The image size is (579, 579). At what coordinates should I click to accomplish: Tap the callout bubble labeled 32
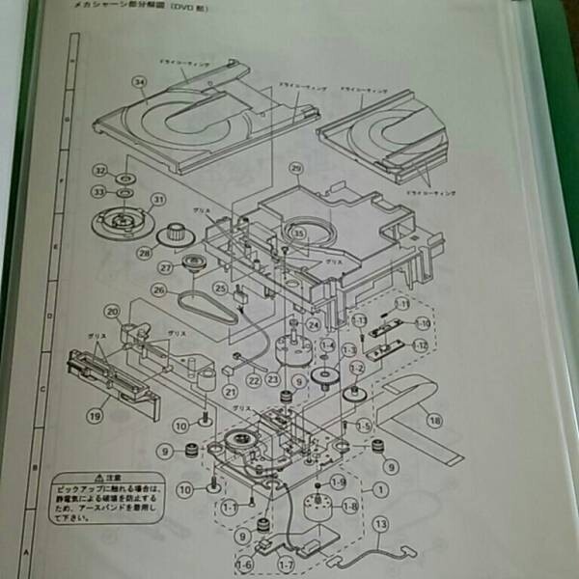tap(99, 170)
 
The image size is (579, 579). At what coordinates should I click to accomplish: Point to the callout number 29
tap(296, 168)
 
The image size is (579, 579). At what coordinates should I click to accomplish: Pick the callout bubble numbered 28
tap(146, 253)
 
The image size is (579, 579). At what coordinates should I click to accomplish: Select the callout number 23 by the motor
tap(273, 379)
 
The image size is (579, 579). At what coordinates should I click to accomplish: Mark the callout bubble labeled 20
tap(112, 311)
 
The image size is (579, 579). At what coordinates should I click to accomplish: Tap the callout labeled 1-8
tap(348, 506)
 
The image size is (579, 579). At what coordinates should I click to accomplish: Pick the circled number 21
tap(230, 392)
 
